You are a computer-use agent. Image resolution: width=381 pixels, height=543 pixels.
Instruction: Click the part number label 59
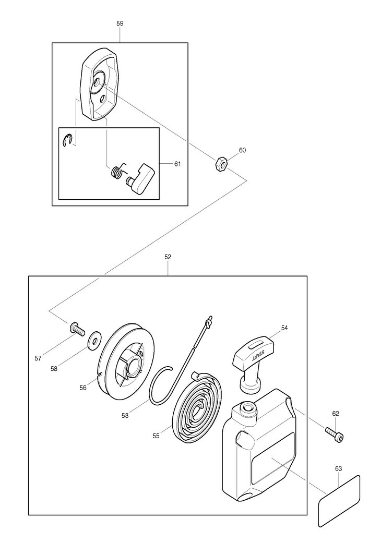pyautogui.click(x=120, y=23)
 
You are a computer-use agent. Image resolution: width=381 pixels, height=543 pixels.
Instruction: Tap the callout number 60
pyautogui.click(x=242, y=150)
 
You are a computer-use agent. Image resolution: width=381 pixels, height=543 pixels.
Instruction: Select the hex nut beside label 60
pyautogui.click(x=221, y=164)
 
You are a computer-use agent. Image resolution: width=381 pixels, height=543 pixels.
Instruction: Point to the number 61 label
pyautogui.click(x=177, y=164)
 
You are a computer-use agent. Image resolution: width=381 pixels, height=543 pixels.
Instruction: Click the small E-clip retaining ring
pyautogui.click(x=67, y=140)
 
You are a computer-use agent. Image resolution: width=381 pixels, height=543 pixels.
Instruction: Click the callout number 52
pyautogui.click(x=168, y=257)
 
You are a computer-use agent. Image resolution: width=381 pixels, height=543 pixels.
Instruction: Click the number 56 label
pyautogui.click(x=83, y=388)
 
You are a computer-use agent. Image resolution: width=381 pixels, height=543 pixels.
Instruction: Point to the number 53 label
pyautogui.click(x=125, y=416)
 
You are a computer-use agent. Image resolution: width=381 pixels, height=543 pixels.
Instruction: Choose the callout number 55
pyautogui.click(x=156, y=436)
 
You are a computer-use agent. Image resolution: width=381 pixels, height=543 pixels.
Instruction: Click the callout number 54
pyautogui.click(x=284, y=328)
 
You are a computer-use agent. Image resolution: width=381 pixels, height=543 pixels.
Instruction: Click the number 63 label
pyautogui.click(x=338, y=468)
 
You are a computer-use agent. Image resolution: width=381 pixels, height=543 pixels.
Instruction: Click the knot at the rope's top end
pyautogui.click(x=209, y=323)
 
